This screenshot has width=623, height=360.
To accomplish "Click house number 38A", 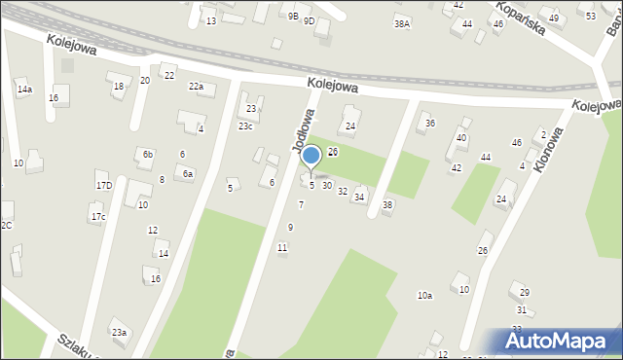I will tap(401, 23).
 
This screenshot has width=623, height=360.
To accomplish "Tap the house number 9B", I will tap(293, 17).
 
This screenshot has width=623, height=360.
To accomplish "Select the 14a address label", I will tap(24, 90).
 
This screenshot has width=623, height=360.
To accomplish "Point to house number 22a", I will tap(196, 87).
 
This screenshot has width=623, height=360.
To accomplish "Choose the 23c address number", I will tap(246, 126).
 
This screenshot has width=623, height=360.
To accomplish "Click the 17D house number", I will tap(103, 185).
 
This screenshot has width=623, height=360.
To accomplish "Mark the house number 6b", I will tap(148, 154).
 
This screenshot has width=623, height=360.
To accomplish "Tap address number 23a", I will tap(119, 333).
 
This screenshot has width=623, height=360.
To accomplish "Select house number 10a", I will tap(424, 295).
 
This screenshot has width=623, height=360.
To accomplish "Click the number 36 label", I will tap(430, 123).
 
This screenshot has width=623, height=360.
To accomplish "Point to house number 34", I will tap(359, 198).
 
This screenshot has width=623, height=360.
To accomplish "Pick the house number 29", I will tap(525, 293).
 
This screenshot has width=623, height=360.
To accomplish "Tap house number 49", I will tap(554, 18).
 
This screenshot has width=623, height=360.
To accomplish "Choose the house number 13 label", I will tap(210, 20).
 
